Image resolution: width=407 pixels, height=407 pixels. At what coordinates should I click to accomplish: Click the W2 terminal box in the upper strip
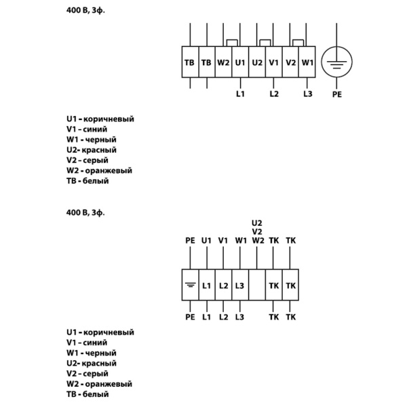(223, 62)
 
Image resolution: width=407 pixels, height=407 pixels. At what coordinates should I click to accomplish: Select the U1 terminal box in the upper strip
(240, 62)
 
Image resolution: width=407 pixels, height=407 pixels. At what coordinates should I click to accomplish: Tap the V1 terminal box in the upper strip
(274, 62)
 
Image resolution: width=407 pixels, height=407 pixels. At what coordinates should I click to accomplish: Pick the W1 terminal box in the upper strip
(307, 62)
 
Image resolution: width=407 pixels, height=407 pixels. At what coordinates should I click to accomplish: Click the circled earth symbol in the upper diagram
(337, 62)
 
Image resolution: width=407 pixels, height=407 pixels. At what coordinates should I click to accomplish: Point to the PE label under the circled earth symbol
(337, 94)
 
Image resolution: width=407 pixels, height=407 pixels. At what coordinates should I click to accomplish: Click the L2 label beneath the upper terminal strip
(274, 94)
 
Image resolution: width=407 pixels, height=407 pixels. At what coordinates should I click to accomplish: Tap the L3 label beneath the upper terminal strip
(307, 94)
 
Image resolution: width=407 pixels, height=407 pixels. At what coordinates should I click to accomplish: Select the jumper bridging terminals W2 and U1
(231, 42)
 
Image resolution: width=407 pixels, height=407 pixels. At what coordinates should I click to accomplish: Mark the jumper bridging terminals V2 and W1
(299, 42)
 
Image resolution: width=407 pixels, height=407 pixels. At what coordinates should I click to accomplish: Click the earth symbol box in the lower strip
(190, 286)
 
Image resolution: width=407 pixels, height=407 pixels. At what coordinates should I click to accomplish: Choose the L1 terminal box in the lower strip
(207, 286)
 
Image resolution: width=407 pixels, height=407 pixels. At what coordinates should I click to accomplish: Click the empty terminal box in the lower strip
(256, 286)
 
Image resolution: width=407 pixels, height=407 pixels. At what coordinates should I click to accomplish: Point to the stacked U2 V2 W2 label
(256, 231)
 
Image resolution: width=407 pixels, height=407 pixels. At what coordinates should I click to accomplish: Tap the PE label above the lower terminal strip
(190, 240)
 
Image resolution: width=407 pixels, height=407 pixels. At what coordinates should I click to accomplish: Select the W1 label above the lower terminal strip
(240, 240)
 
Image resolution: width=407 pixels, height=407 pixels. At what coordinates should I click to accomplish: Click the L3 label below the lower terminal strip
(240, 317)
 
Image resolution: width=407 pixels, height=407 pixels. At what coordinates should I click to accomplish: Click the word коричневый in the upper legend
(108, 119)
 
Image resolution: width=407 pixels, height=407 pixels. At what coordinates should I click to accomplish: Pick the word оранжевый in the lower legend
(108, 384)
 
